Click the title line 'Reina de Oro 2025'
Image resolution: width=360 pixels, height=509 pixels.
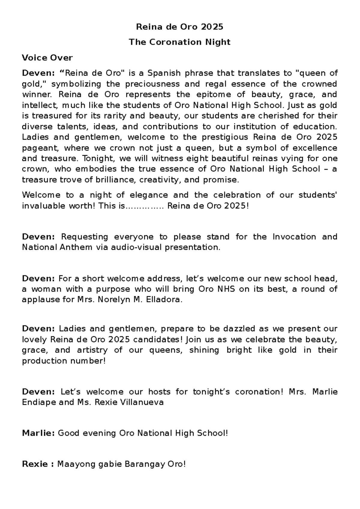click(x=180, y=27)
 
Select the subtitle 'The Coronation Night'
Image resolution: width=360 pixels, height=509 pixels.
click(x=180, y=42)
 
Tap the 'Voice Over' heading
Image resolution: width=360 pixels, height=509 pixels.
click(x=47, y=57)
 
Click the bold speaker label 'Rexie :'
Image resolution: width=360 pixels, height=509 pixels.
click(x=38, y=464)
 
